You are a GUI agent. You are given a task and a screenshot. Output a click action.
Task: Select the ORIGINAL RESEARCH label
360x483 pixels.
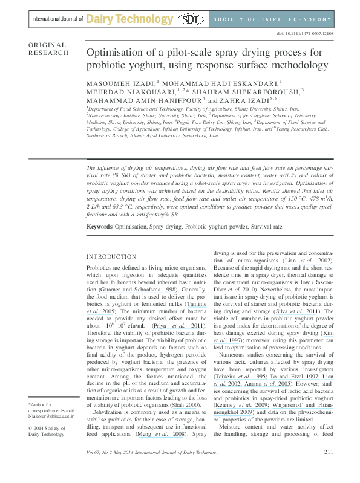pyautogui.click(x=48, y=49)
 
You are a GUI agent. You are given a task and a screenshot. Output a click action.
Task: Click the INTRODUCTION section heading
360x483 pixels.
pyautogui.click(x=112, y=256)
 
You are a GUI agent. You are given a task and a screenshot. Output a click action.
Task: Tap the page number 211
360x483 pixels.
pyautogui.click(x=329, y=469)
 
